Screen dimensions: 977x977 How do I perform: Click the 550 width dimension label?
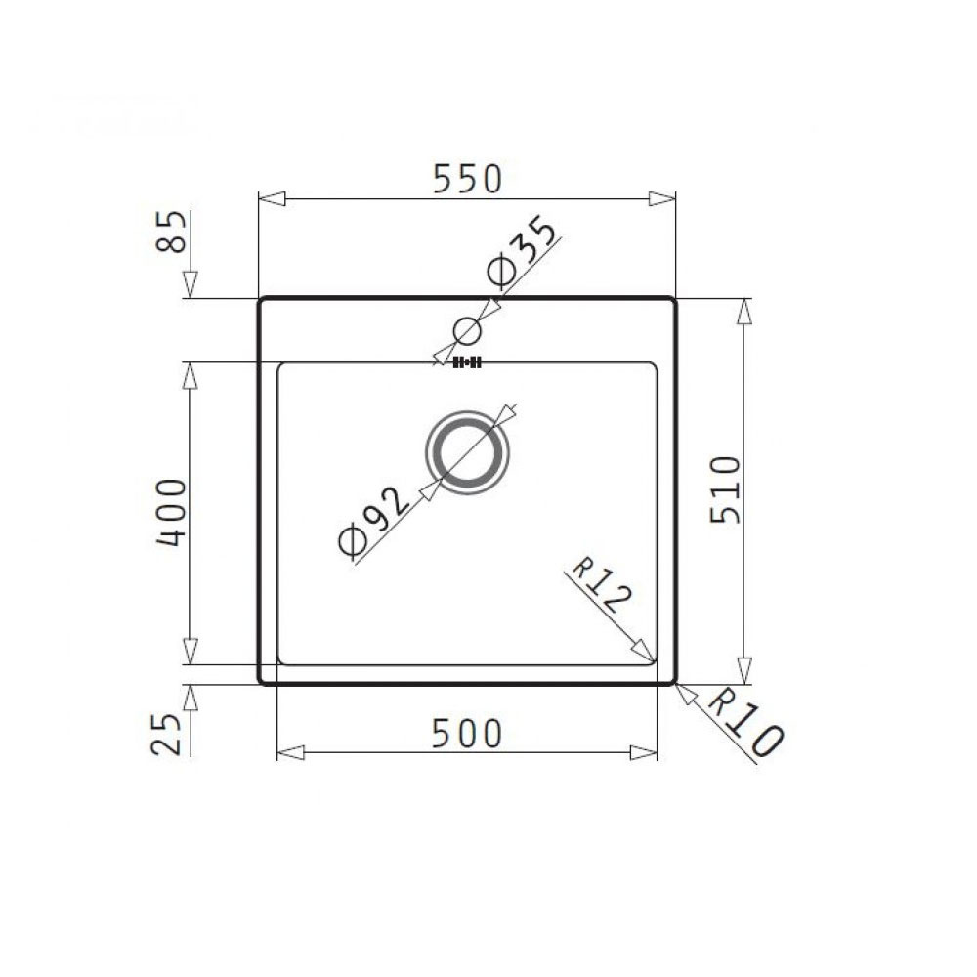pos(467,178)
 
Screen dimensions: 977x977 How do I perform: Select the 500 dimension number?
pos(467,734)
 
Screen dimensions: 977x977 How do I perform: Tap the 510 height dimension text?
pos(725,489)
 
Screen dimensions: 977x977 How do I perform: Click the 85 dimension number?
pos(171,232)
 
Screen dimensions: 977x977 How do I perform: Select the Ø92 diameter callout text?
pos(374,521)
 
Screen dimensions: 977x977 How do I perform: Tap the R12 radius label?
pos(601,584)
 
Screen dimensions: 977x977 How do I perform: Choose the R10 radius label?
pos(744,725)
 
